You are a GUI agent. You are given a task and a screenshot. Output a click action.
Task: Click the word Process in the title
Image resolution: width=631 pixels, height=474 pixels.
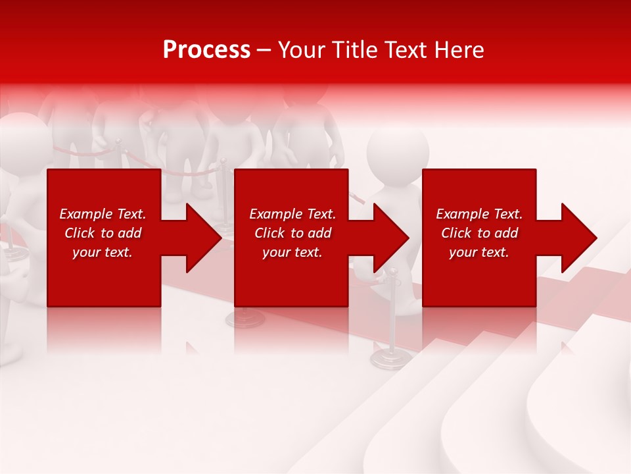206,50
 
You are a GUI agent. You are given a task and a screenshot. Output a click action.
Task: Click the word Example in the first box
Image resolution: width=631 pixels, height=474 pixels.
85,214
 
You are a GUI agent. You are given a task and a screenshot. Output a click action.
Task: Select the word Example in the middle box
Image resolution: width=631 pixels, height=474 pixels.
275,214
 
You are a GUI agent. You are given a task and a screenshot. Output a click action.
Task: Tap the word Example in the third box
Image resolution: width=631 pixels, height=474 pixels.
462,214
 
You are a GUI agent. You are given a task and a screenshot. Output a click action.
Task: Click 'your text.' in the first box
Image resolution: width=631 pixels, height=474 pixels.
103,252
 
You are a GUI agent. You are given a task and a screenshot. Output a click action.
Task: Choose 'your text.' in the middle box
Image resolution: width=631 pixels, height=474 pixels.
292,252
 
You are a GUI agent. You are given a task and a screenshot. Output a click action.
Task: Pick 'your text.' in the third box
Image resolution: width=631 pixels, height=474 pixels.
479,252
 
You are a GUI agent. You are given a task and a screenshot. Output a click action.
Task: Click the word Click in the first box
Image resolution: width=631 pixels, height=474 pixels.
80,233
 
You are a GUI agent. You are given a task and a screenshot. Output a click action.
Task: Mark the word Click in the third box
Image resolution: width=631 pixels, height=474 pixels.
457,233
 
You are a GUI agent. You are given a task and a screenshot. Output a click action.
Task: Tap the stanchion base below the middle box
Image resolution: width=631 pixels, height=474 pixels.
245,319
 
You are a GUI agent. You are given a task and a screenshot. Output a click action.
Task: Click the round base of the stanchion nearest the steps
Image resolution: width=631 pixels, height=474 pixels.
391,358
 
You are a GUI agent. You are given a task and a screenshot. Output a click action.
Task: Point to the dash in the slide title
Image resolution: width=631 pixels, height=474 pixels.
264,51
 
